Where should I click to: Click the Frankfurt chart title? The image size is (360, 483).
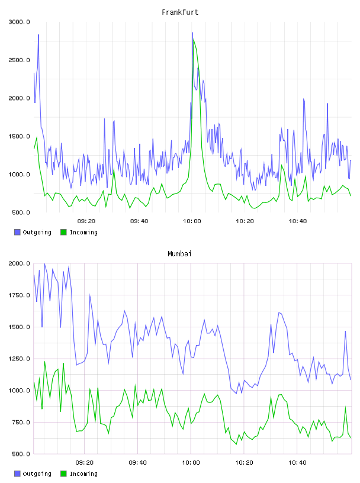point(180,12)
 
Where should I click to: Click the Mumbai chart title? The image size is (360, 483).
point(179,253)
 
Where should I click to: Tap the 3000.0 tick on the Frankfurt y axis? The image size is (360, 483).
point(19,22)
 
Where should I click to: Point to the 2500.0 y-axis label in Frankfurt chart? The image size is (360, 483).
point(19,60)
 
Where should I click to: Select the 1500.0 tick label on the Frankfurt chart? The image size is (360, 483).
point(19,137)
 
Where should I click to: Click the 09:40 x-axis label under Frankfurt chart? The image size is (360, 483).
point(139,221)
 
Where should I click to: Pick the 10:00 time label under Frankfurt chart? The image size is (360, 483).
point(192,221)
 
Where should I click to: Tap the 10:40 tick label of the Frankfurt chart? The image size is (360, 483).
point(297,221)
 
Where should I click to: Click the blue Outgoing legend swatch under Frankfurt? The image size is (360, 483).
point(17,232)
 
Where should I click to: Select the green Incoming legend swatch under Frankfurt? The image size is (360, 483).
point(63,232)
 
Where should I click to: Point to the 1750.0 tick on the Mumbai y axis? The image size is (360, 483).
point(19,295)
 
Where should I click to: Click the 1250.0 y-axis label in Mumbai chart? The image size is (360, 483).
point(19,359)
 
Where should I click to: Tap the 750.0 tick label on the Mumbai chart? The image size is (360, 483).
point(21,422)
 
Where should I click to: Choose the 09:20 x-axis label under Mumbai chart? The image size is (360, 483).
point(85,462)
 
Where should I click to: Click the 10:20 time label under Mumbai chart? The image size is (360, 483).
point(244,462)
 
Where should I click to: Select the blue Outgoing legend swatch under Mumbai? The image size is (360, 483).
point(17,474)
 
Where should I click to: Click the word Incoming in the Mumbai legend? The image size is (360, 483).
point(83,474)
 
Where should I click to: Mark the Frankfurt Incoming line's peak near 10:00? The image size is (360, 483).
point(194,40)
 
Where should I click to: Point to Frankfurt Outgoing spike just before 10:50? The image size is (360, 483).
point(327,104)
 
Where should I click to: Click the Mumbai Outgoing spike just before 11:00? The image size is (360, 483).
point(346,331)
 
